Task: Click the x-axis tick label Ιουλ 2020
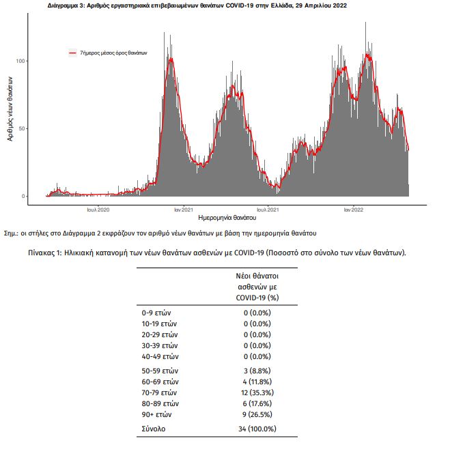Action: pyautogui.click(x=98, y=210)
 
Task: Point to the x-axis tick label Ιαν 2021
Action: pyautogui.click(x=184, y=210)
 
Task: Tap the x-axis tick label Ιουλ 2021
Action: pyautogui.click(x=268, y=210)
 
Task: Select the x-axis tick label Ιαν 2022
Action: pyautogui.click(x=353, y=210)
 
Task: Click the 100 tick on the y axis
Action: pyautogui.click(x=20, y=61)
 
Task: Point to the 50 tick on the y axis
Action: pyautogui.click(x=22, y=128)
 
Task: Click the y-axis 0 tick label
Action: pyautogui.click(x=23, y=196)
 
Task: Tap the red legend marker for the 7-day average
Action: pyautogui.click(x=73, y=53)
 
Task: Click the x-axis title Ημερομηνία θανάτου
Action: pyautogui.click(x=227, y=218)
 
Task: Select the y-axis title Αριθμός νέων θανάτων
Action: pyautogui.click(x=10, y=109)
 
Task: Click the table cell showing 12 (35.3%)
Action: pyautogui.click(x=257, y=392)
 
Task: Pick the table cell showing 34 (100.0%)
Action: pyautogui.click(x=257, y=429)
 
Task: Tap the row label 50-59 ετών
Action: pyautogui.click(x=160, y=371)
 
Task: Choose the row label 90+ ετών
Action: pyautogui.click(x=156, y=414)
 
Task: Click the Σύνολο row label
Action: pyautogui.click(x=154, y=429)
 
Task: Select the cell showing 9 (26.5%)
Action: pyautogui.click(x=257, y=414)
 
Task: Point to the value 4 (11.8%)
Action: pyautogui.click(x=257, y=382)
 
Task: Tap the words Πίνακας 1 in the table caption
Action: pyautogui.click(x=45, y=253)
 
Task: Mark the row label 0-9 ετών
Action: pyautogui.click(x=156, y=313)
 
